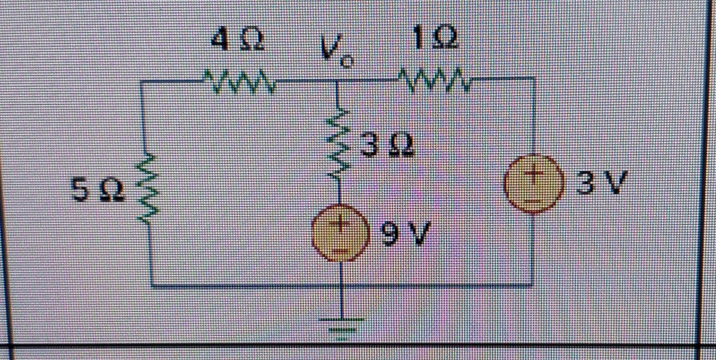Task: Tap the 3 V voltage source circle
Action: (533, 184)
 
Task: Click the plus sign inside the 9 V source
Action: (341, 224)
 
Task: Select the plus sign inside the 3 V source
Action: (533, 174)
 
